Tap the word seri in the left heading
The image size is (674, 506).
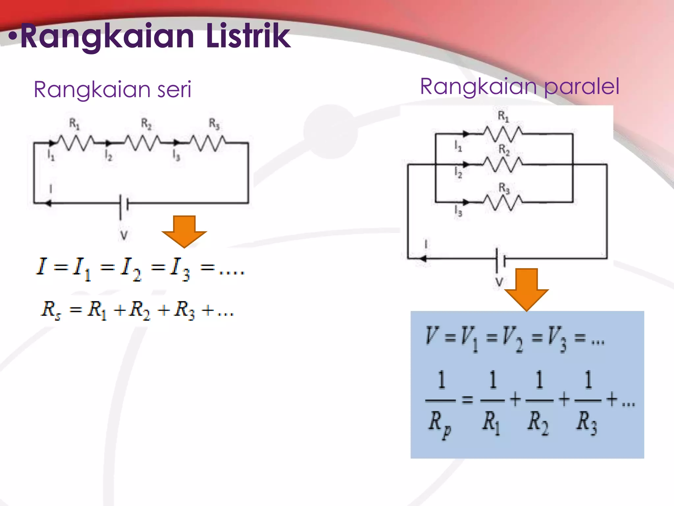coord(174,90)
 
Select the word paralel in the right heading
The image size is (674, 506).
coord(582,87)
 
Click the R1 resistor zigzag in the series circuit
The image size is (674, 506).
coord(76,143)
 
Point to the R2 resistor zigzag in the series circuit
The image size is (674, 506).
coord(142,143)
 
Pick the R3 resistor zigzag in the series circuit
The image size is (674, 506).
coord(208,143)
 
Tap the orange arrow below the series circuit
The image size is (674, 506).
coord(184,231)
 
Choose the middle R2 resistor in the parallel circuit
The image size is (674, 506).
coord(503,164)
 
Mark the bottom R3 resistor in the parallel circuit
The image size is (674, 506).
coord(503,202)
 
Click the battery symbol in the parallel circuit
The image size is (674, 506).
coord(500,259)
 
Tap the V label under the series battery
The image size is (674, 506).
coord(124,236)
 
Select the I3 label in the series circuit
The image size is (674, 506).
coord(176,155)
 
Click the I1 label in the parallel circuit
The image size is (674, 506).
coord(458,146)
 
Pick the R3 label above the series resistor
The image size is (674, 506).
coord(214,124)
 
